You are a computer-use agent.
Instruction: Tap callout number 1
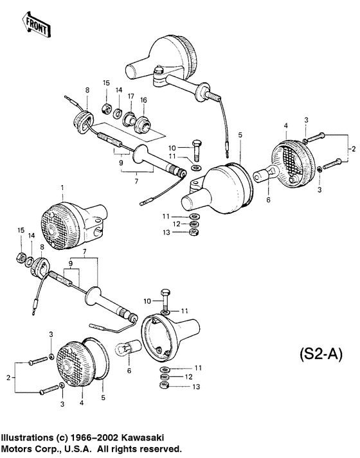point(62,188)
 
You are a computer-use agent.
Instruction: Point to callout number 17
point(130,96)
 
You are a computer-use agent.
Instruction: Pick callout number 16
point(143,100)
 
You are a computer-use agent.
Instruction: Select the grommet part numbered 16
point(143,125)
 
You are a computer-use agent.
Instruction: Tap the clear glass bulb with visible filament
point(129,349)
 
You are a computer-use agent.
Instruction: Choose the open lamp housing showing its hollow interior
point(170,336)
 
